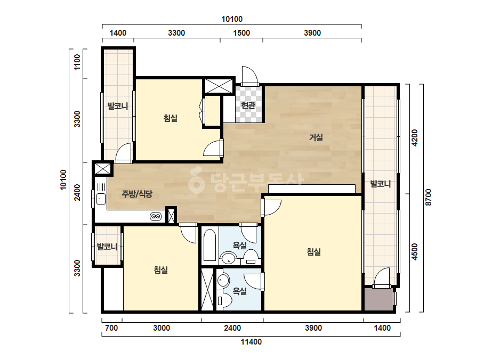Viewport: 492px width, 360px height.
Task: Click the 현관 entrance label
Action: point(248,105)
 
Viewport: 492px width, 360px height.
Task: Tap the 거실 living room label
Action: point(316,137)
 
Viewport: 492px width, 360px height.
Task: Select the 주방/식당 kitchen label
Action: point(137,194)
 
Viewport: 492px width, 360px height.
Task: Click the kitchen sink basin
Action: point(101,199)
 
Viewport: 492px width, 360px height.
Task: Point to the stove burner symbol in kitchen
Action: point(156,216)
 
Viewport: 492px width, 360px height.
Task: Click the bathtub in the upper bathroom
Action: point(209,246)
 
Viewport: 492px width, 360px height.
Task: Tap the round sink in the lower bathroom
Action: point(223,280)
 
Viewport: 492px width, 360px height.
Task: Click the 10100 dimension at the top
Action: point(232,19)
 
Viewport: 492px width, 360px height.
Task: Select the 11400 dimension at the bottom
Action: point(251,342)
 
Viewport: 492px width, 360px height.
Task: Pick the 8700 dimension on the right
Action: point(429,197)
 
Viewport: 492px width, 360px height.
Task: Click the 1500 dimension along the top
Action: point(241,33)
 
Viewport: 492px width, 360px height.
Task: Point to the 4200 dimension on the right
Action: point(415,137)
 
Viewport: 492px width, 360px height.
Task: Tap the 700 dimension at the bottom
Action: point(111,328)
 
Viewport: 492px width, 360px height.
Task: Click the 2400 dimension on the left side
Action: point(77,192)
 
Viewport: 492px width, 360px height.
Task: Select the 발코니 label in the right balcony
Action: point(381,184)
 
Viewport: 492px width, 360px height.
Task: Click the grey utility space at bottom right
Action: point(378,299)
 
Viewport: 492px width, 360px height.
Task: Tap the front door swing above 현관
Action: point(250,75)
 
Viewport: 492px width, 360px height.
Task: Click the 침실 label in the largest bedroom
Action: point(314,252)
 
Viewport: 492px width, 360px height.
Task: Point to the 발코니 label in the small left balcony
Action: point(107,247)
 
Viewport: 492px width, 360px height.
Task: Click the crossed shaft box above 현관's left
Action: point(219,85)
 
